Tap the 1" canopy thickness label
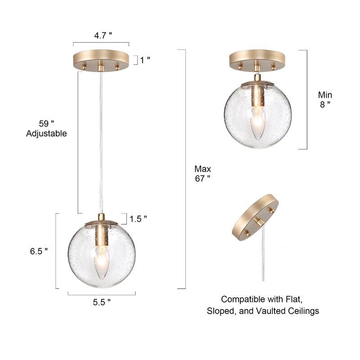tap(145, 59)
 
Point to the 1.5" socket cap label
tap(138, 219)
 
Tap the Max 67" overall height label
tap(202, 173)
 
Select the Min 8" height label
tap(325, 99)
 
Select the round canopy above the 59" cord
tap(101, 61)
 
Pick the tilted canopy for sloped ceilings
tap(254, 218)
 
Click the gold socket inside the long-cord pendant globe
tap(102, 234)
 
